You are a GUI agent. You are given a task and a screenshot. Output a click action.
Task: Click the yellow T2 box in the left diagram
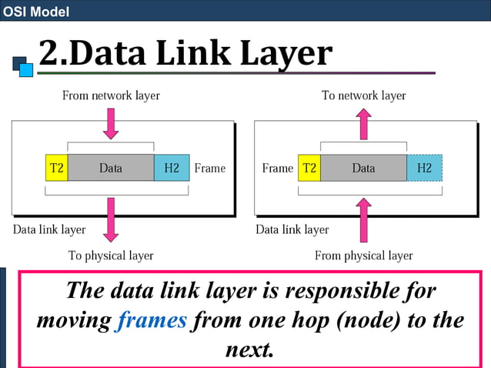click(57, 168)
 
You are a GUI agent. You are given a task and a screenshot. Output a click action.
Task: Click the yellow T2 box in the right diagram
click(309, 168)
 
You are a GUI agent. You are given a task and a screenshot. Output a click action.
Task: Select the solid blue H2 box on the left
click(171, 168)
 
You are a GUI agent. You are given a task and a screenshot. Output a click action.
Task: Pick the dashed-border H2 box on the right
click(424, 168)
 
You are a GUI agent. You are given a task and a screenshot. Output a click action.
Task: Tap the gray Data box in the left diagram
click(110, 168)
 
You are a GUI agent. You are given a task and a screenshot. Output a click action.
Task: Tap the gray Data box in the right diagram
click(363, 168)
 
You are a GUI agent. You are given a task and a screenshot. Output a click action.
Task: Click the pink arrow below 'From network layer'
click(111, 123)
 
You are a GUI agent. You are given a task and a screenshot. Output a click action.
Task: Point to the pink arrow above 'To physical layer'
click(111, 219)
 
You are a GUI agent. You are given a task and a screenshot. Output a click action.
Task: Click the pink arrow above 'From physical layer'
click(363, 219)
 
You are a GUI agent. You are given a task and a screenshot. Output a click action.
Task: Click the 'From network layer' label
click(111, 95)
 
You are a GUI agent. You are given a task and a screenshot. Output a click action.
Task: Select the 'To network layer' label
click(363, 95)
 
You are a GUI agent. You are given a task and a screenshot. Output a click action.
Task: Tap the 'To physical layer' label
click(111, 256)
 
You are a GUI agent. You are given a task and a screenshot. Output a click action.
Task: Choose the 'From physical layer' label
click(363, 256)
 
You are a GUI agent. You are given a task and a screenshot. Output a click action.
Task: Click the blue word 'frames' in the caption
click(152, 320)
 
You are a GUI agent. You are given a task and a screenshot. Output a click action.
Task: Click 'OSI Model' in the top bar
click(35, 12)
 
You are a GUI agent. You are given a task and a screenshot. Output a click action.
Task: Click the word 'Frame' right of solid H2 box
click(210, 168)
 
